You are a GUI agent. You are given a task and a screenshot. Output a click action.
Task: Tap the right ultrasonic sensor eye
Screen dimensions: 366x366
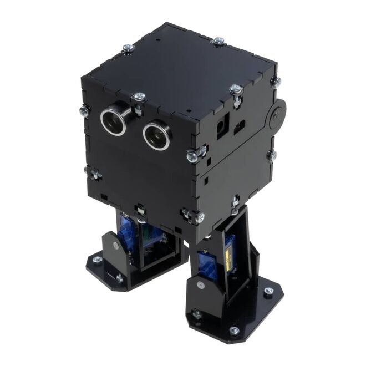tap(157, 136)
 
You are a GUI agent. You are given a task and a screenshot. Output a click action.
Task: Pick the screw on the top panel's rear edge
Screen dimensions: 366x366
tap(218, 42)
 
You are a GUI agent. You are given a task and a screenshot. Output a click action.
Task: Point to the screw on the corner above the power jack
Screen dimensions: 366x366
tap(236, 90)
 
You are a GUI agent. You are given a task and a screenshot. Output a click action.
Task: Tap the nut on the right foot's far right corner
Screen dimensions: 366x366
tap(269, 291)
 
